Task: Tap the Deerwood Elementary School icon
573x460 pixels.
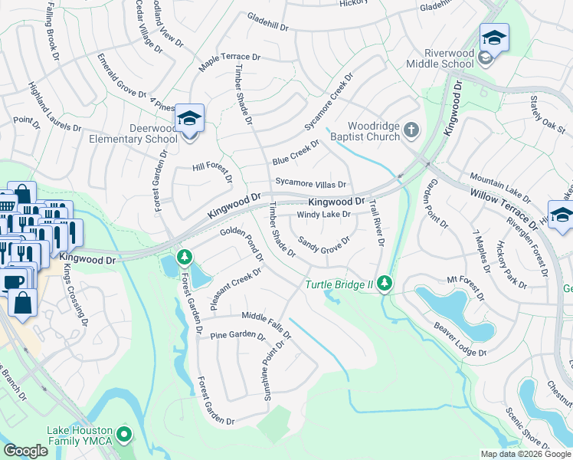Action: point(189,119)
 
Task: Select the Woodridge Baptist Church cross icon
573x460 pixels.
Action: point(411,130)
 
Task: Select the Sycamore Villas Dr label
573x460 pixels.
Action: point(311,184)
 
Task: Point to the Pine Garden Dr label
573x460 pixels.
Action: point(237,336)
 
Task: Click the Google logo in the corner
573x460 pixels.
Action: point(25,450)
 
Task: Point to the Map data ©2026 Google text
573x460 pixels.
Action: point(525,454)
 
